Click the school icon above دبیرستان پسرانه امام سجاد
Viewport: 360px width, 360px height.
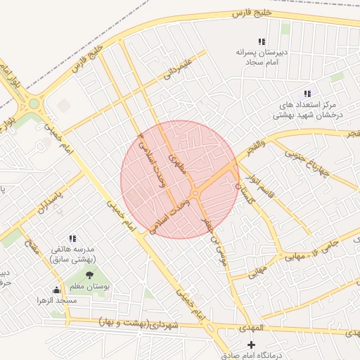click(x=262, y=42)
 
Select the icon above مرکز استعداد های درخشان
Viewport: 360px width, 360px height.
click(x=306, y=94)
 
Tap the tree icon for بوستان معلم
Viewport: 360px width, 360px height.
click(x=89, y=275)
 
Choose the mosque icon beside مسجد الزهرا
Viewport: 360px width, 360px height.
click(x=56, y=290)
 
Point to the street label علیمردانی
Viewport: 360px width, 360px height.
click(x=178, y=67)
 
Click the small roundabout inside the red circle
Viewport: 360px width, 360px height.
click(x=194, y=193)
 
